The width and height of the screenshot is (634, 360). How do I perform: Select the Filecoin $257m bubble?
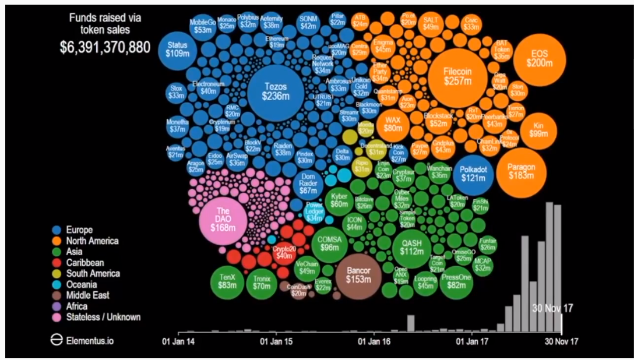pos(457,76)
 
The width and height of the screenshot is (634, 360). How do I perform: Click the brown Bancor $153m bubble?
pos(358,276)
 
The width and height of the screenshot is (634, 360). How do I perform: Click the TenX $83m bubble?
pos(226,282)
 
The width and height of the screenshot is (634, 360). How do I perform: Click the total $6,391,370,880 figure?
pos(105,47)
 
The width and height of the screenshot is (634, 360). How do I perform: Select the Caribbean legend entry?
pos(85,263)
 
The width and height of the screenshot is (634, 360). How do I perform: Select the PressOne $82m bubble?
pos(456,281)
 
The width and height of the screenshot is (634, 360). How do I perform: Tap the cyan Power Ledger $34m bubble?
pos(315,212)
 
